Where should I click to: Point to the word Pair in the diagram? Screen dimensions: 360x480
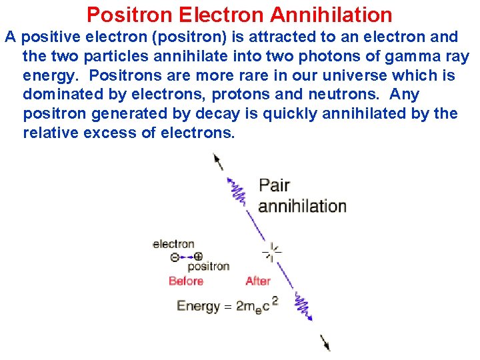tap(274, 185)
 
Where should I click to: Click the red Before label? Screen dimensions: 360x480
tap(186, 281)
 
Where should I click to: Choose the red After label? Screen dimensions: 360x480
tap(258, 281)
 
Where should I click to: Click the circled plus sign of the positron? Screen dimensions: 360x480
tap(198, 256)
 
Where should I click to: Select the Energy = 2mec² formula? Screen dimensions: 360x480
tap(227, 306)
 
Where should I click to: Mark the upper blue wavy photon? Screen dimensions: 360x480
tap(237, 192)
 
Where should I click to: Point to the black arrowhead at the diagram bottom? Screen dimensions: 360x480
tap(326, 345)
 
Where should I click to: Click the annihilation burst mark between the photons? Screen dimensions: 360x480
tap(271, 252)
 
